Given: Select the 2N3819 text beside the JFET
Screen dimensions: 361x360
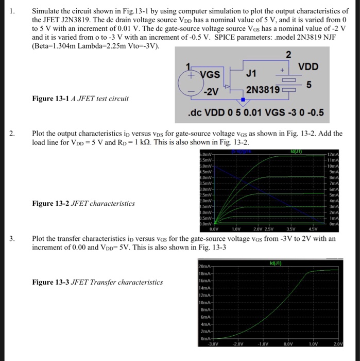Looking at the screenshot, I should (263, 90).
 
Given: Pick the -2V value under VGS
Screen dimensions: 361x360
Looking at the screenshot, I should (211, 91).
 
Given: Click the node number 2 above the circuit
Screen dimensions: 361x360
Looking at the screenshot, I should (288, 55).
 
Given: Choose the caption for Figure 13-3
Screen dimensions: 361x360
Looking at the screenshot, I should (97, 282).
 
